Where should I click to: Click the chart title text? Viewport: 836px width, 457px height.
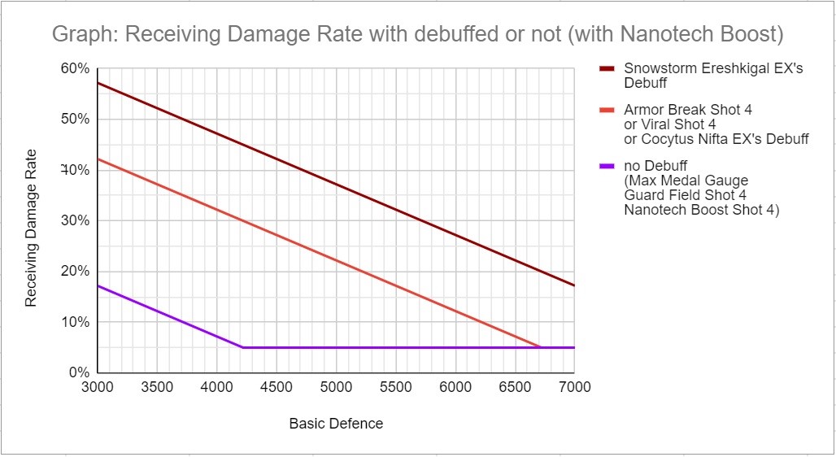pyautogui.click(x=417, y=34)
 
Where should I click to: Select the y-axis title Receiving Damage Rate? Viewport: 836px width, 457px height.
pyautogui.click(x=32, y=228)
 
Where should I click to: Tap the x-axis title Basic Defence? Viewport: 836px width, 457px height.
pyautogui.click(x=336, y=424)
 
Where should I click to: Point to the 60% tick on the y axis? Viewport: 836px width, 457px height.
pyautogui.click(x=75, y=69)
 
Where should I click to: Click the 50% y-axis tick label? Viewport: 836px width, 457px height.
pyautogui.click(x=75, y=120)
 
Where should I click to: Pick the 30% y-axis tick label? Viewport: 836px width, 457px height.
pyautogui.click(x=75, y=220)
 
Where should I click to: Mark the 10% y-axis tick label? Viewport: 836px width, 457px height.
pyautogui.click(x=75, y=322)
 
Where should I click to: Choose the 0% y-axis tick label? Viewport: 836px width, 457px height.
pyautogui.click(x=78, y=372)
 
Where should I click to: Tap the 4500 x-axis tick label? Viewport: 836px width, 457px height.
pyautogui.click(x=276, y=387)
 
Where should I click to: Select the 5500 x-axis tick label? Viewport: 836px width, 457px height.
pyautogui.click(x=395, y=387)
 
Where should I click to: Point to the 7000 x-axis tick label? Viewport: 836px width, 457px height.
pyautogui.click(x=574, y=387)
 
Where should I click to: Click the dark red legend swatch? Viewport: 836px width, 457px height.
pyautogui.click(x=607, y=69)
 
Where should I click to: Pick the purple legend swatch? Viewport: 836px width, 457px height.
pyautogui.click(x=607, y=167)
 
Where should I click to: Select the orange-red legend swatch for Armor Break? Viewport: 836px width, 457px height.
pyautogui.click(x=607, y=110)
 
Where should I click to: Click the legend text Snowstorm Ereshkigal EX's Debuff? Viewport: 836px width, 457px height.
pyautogui.click(x=713, y=76)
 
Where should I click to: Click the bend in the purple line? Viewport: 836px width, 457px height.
pyautogui.click(x=242, y=347)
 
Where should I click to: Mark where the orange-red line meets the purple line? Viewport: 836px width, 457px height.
pyautogui.click(x=540, y=347)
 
